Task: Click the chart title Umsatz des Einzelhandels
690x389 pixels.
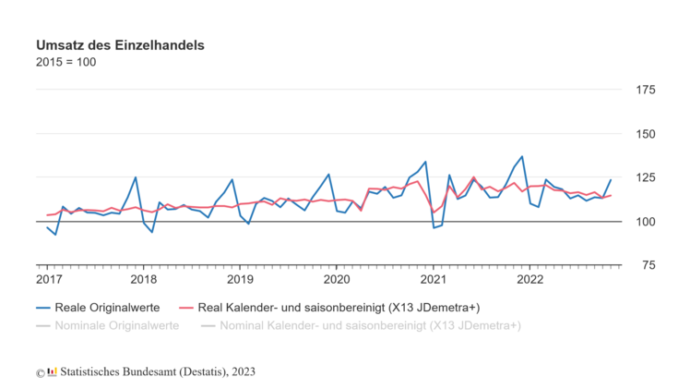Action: tap(120, 44)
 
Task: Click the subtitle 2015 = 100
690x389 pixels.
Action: tap(65, 63)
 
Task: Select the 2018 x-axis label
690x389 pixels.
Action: tap(144, 278)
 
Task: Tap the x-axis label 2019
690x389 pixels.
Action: tap(240, 278)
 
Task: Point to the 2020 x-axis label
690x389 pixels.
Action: tap(337, 278)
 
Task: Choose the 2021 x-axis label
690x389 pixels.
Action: tap(434, 278)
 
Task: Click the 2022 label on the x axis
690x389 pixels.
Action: tap(529, 278)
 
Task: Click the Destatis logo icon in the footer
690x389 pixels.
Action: tap(53, 371)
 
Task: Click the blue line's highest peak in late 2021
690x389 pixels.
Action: tap(522, 156)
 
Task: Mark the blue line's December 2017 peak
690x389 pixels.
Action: tap(136, 177)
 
